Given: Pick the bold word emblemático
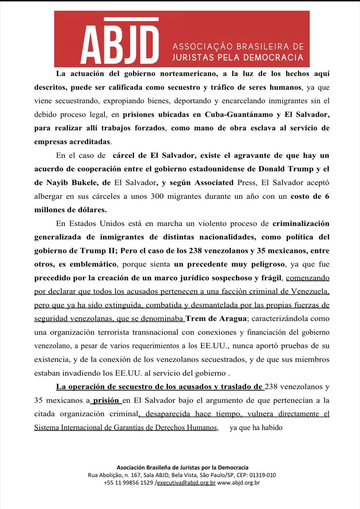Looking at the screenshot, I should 93,264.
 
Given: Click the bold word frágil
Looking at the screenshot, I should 270,278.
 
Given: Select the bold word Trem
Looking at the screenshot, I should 195,319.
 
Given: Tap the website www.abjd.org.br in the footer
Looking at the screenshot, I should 238,483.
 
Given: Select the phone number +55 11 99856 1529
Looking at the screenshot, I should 128,483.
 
